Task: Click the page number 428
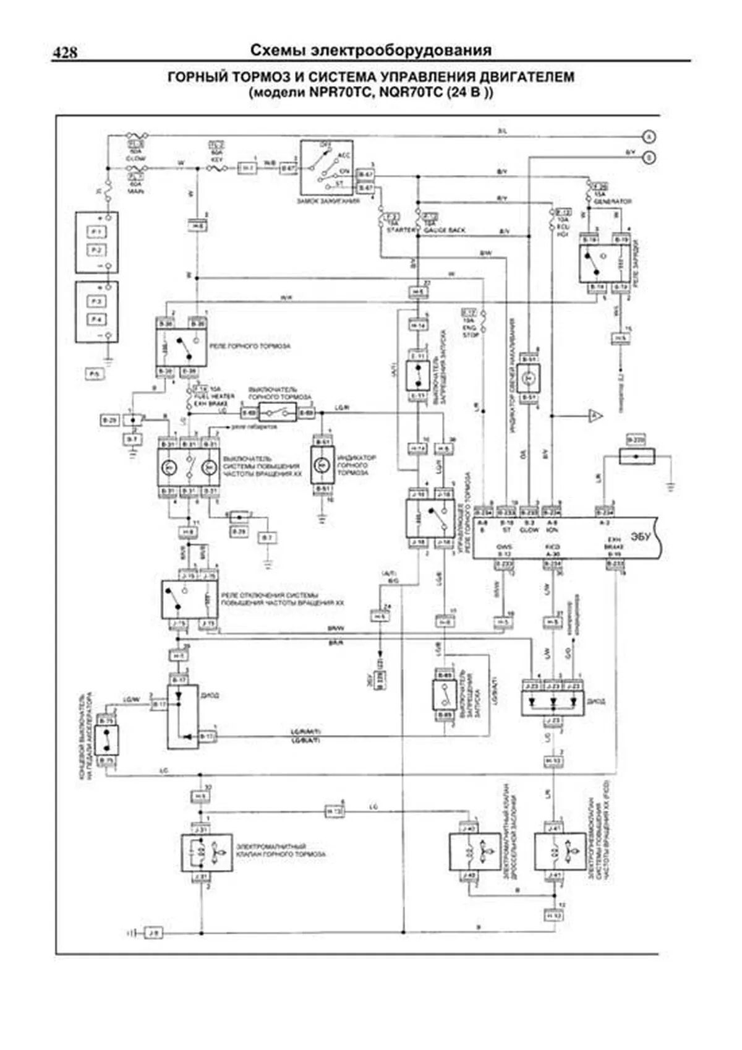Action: pos(65,53)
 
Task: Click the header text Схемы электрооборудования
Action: pos(371,51)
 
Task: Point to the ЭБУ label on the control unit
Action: pos(641,536)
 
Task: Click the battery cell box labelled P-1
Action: pos(96,232)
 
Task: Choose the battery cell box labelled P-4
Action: pos(96,319)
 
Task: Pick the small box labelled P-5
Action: pos(94,374)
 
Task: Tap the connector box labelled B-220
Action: pos(635,439)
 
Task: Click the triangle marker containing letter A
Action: pos(594,416)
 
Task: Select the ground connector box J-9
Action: pos(153,932)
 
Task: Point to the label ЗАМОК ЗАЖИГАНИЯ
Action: pos(328,201)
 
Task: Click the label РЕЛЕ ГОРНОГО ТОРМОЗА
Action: pos(250,346)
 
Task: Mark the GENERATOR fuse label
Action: pos(612,202)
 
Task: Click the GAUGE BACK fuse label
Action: pos(445,230)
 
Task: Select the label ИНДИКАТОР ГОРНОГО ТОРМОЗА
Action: pos(357,465)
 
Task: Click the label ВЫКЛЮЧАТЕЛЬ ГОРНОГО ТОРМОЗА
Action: pos(279,393)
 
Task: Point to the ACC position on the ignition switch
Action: pos(344,155)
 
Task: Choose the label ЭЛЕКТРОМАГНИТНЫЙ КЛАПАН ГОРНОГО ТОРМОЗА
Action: pos(281,850)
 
